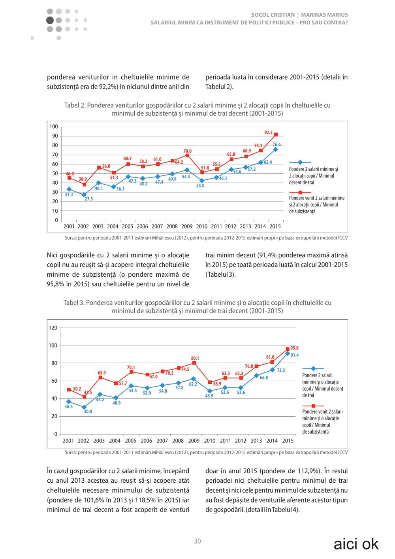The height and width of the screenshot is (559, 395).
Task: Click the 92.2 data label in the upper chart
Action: point(268,132)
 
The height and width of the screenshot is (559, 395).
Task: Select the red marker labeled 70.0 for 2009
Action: point(187,155)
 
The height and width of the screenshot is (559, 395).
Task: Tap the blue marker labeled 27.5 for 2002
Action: point(84,195)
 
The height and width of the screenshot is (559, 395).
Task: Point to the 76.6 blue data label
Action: point(276,144)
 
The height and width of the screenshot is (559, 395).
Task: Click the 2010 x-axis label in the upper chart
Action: point(201,227)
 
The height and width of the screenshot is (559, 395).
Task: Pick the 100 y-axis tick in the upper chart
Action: point(54,127)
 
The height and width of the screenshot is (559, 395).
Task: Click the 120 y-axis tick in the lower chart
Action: point(53,328)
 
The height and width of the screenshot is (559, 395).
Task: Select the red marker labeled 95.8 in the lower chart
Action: point(288,349)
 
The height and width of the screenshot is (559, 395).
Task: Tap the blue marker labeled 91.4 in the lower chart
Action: point(288,353)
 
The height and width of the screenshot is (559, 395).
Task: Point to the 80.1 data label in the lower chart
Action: point(195,358)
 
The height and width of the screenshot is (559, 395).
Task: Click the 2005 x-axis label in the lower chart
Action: point(131,441)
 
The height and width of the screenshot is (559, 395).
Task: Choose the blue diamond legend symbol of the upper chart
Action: point(300,162)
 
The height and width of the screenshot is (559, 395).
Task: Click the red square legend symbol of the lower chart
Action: point(314,406)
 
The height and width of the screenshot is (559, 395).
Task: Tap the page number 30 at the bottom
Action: point(197,541)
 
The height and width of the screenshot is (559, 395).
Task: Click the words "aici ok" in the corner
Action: point(356,544)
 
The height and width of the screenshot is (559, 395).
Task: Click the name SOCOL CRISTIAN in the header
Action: point(273,15)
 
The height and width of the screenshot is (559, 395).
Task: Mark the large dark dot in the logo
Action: point(50,20)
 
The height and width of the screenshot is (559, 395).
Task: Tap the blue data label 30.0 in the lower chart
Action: point(88,412)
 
